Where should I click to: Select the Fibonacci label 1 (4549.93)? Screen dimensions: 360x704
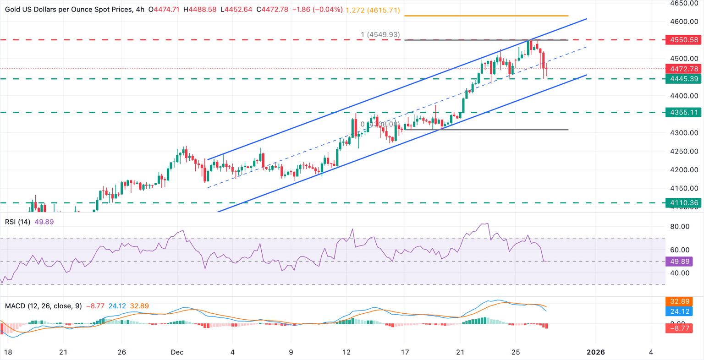coord(380,34)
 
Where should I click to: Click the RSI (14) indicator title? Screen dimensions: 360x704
coord(17,222)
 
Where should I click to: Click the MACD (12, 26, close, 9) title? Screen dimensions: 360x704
coord(43,305)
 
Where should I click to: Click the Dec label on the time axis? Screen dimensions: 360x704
coord(177,352)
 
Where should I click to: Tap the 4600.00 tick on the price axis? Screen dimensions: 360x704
coord(684,22)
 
